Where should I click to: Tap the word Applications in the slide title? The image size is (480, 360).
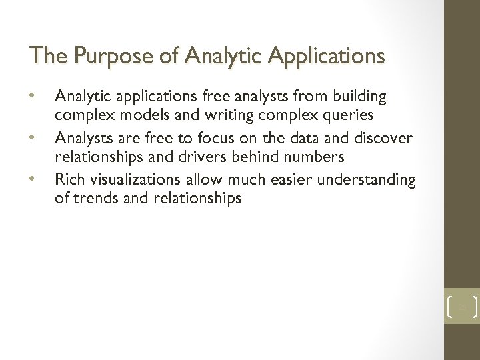pos(326,56)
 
